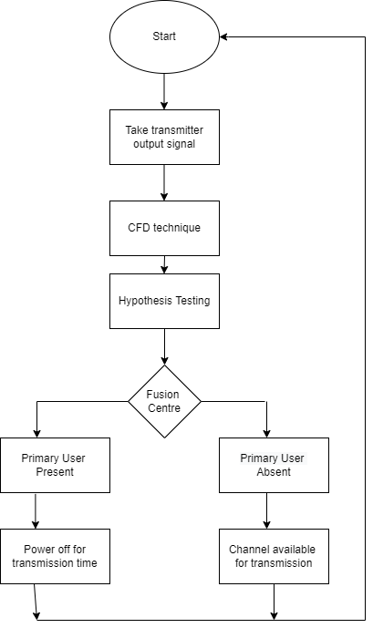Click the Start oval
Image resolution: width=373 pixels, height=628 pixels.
[x=164, y=36]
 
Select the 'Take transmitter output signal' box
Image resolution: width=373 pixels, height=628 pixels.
[x=164, y=137]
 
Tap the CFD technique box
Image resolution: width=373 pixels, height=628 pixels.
[x=164, y=228]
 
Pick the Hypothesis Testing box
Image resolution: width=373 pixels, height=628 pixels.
[x=164, y=301]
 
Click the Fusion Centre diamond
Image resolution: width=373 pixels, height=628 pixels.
[x=164, y=401]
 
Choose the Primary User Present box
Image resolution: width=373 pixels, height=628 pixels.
[x=55, y=465]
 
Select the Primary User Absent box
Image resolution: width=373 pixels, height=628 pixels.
[x=274, y=465]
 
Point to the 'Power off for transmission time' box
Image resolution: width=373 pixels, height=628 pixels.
[x=55, y=556]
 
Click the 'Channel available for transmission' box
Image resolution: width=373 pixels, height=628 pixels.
[x=274, y=556]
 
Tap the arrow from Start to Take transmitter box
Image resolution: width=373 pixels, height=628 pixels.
[x=164, y=91]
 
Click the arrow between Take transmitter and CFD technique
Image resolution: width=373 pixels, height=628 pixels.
[x=164, y=182]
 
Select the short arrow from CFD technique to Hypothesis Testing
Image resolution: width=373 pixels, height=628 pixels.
[x=164, y=264]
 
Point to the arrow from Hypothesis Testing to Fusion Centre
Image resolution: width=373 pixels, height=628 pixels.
[x=164, y=347]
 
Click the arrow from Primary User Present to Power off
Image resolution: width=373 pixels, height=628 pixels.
[x=36, y=511]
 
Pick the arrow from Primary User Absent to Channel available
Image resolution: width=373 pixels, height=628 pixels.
[x=267, y=511]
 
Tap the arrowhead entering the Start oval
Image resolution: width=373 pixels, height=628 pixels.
[x=224, y=36]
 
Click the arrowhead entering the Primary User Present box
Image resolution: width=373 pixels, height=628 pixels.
[x=36, y=433]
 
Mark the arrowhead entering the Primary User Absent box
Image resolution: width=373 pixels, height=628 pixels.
[x=267, y=433]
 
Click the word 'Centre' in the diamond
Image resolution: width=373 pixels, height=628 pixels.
[x=164, y=408]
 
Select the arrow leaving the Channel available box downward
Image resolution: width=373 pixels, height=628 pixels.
[x=274, y=602]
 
